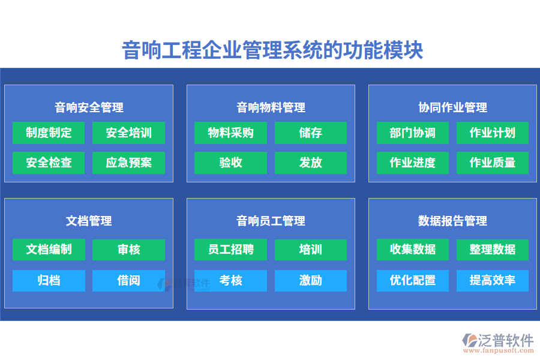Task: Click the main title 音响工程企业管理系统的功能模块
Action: (272, 50)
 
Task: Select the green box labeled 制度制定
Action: (49, 133)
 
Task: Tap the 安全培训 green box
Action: (128, 133)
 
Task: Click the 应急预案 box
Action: (128, 163)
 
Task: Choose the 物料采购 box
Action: (230, 133)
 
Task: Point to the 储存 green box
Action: (310, 133)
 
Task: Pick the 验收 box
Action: (230, 163)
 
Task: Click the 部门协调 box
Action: (412, 133)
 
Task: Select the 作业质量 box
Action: (492, 163)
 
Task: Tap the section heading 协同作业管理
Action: (452, 107)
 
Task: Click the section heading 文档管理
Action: (89, 221)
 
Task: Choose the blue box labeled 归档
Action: (49, 280)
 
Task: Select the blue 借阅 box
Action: (128, 280)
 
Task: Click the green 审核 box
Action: (128, 250)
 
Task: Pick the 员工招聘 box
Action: (230, 250)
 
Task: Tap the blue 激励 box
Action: (310, 280)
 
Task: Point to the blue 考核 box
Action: (230, 280)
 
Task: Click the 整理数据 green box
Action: (492, 250)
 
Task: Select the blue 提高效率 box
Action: (492, 280)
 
